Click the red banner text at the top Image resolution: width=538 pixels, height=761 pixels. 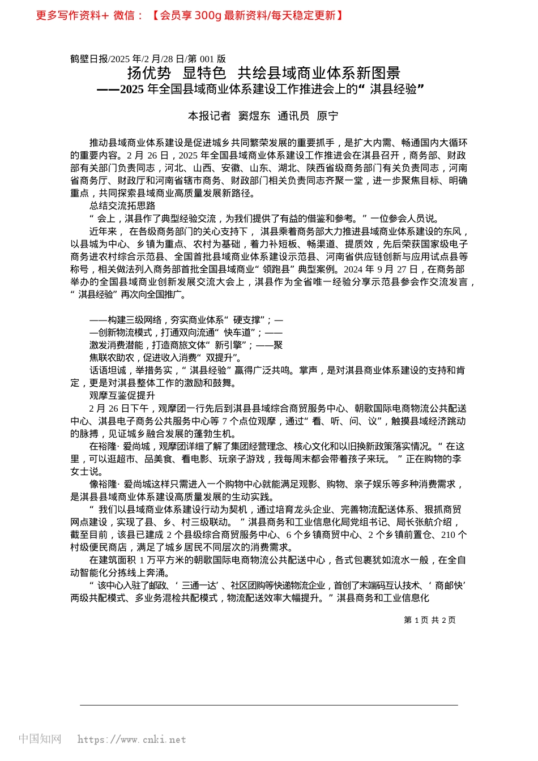tap(190, 15)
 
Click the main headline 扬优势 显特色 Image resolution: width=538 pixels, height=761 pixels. tap(176, 73)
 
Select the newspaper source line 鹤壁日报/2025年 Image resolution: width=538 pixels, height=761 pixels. tap(113, 59)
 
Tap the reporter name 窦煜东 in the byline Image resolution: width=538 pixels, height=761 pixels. tap(254, 116)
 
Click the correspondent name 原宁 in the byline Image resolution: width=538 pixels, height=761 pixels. tap(327, 116)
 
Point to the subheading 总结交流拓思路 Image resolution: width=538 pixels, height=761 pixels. tap(122, 206)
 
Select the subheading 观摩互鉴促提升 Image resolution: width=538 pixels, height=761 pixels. tap(122, 396)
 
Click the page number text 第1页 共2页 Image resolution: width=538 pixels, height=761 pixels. tap(430, 620)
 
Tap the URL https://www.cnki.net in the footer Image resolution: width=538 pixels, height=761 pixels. tap(131, 739)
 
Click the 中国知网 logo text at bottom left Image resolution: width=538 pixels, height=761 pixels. tap(40, 739)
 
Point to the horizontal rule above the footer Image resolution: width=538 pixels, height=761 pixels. tap(269, 705)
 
